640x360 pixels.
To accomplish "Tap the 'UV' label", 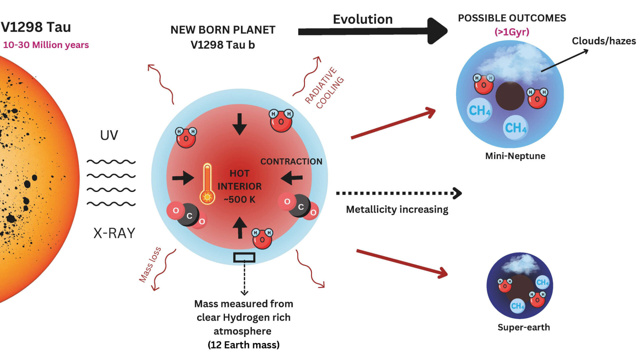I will point(109,135).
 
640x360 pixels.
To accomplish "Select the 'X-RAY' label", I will point(114,233).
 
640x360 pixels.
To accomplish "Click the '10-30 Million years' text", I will point(46,45).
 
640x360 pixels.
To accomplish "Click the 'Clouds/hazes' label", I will point(604,41).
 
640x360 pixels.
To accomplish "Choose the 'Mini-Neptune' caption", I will point(515,156).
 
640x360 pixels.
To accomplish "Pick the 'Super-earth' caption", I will point(524,327).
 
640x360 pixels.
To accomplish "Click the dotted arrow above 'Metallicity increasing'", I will point(399,193).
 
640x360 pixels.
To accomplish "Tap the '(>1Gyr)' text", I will point(512,32).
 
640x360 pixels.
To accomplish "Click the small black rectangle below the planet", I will point(244,257).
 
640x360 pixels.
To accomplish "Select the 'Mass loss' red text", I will point(150,265).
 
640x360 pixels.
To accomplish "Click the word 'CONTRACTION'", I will point(291,162).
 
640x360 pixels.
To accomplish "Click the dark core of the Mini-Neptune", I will point(510,96).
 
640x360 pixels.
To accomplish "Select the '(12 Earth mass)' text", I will point(243,345).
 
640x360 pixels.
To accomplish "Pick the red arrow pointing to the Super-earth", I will point(402,264).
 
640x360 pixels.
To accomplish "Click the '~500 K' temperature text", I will point(239,200).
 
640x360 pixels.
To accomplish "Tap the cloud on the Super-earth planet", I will point(521,263).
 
